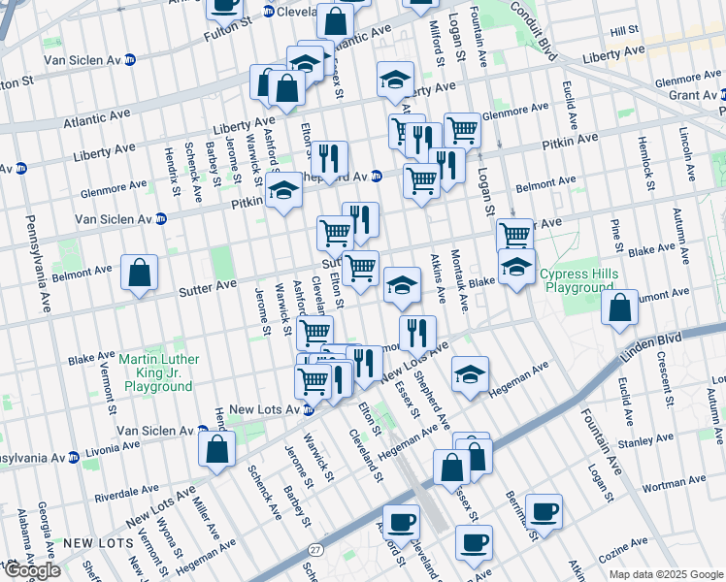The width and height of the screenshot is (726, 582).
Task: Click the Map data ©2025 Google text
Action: click(x=665, y=574)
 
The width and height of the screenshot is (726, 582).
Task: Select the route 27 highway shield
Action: click(x=314, y=550)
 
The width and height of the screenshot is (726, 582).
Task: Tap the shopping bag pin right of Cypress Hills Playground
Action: click(x=619, y=308)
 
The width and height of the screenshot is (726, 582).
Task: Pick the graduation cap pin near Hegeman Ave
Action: click(x=470, y=374)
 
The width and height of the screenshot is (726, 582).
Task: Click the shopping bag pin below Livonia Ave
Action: click(x=216, y=449)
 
